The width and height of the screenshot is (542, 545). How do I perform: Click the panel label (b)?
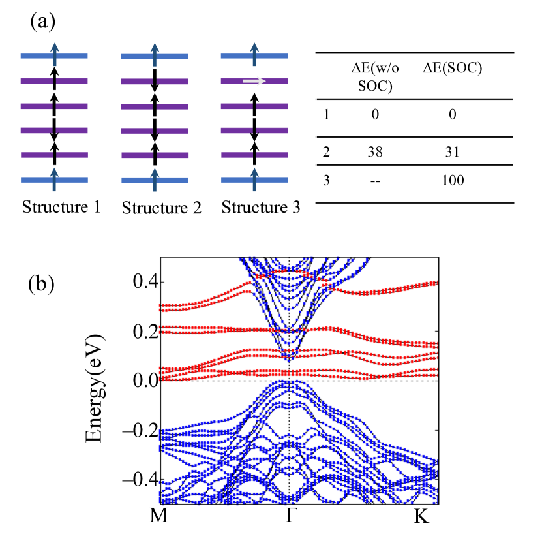pos(43,285)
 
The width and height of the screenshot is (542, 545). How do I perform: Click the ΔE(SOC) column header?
pos(453,69)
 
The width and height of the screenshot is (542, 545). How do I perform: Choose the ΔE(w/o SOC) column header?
pos(372,76)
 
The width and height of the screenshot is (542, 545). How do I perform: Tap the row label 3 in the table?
pos(326,180)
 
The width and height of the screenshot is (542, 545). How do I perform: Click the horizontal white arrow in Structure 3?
pos(254,81)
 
